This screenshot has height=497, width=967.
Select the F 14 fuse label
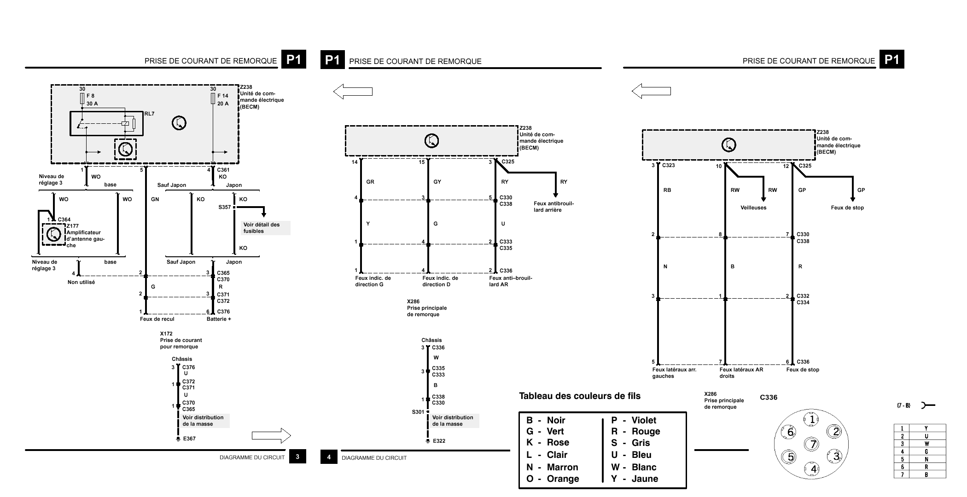[223, 96]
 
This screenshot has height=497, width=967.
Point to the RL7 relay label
[149, 114]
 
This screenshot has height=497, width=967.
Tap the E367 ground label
[189, 439]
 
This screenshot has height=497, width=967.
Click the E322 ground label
[439, 441]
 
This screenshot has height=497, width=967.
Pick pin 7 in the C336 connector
[813, 444]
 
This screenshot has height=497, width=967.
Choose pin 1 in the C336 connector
[811, 419]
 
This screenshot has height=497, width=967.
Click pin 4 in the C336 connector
[813, 469]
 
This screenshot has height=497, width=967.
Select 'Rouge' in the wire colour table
[646, 432]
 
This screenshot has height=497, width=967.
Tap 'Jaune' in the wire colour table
[645, 479]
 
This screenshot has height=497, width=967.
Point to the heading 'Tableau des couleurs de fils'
[580, 396]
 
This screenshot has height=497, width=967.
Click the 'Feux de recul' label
[157, 319]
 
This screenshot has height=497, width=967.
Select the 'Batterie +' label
[219, 319]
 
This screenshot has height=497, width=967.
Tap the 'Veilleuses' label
[753, 208]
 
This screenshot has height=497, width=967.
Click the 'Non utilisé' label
[81, 282]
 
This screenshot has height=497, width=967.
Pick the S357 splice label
[224, 207]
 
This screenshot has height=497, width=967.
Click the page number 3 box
[298, 457]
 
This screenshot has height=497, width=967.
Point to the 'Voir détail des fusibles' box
[266, 228]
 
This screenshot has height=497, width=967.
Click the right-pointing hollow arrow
[271, 435]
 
